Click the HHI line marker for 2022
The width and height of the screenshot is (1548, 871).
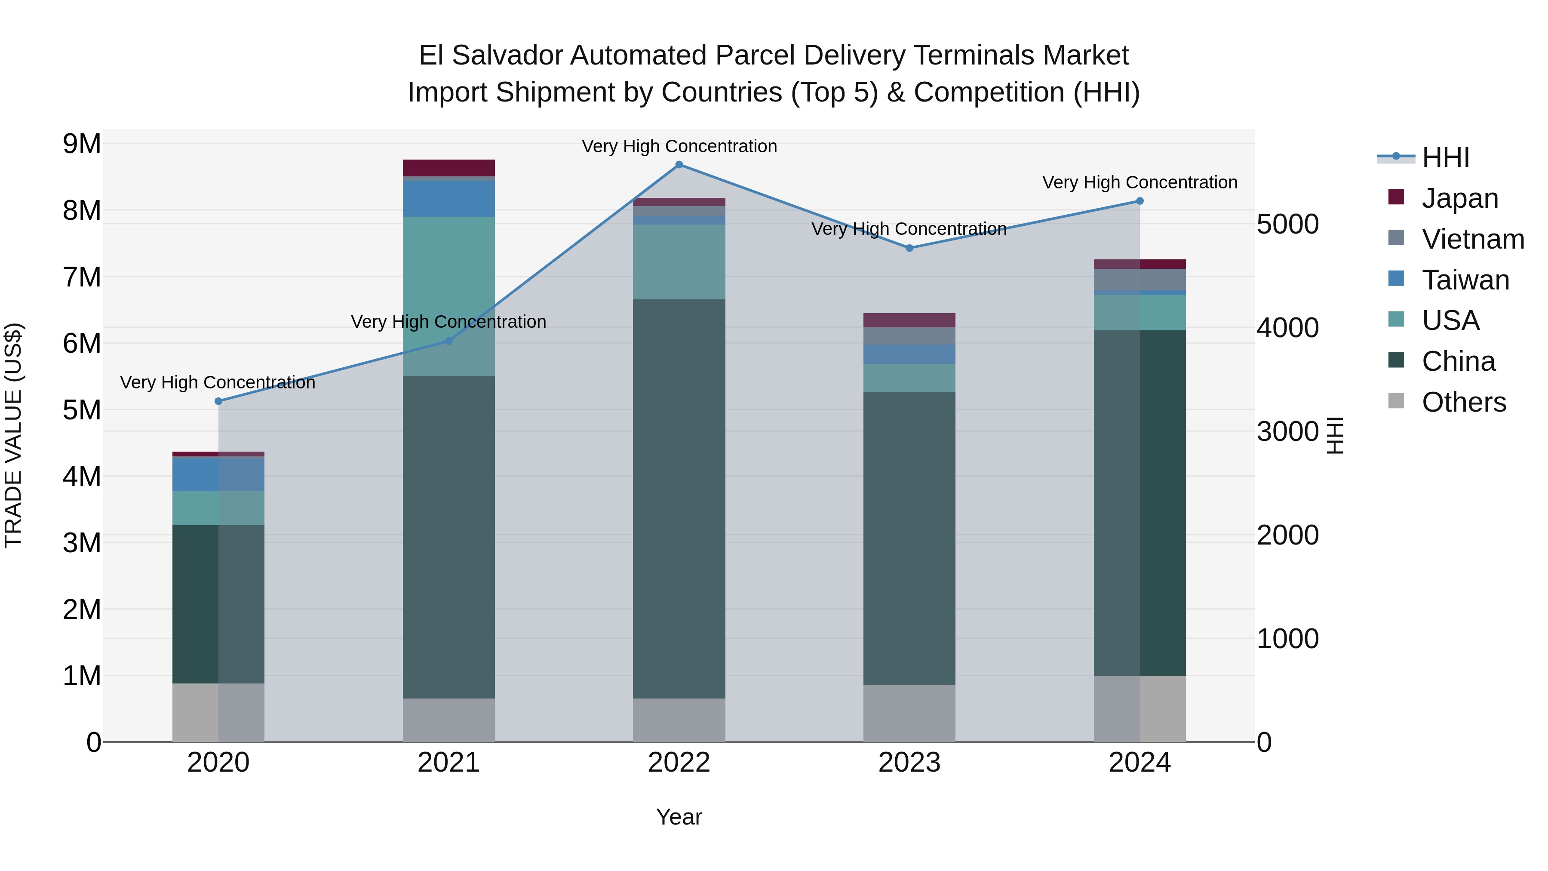pos(679,165)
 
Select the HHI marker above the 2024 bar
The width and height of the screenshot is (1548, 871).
pos(1139,201)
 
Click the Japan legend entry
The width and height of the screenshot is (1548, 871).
pos(1460,198)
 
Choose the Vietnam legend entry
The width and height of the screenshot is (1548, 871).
pos(1472,239)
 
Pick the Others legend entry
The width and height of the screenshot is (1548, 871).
pos(1463,402)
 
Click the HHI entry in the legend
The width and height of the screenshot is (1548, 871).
pos(1445,157)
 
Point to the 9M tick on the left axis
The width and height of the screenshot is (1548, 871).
pos(82,144)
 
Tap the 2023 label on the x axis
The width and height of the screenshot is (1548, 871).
pos(909,763)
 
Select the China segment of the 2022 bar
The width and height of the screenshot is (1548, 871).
pos(679,499)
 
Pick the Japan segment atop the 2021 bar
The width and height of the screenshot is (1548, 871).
pos(448,168)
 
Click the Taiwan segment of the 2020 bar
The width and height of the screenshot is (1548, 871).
pos(218,474)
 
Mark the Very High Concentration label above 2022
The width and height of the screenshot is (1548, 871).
pos(679,146)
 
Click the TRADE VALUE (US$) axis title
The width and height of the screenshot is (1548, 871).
pos(13,435)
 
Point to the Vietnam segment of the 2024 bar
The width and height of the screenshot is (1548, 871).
pos(1139,280)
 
